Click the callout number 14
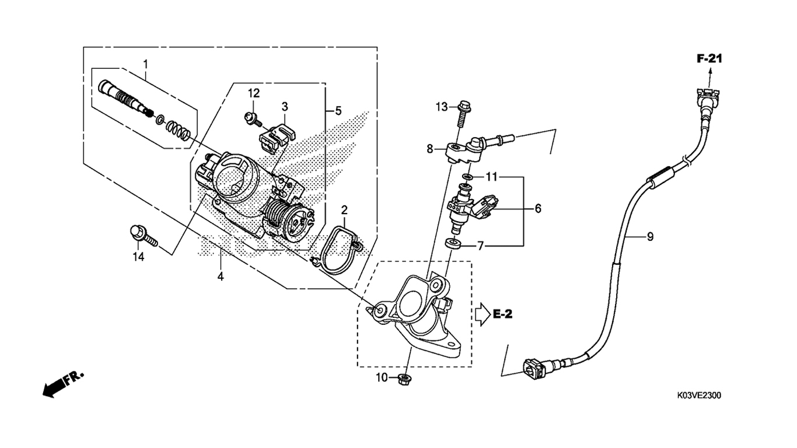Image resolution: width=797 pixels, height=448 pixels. (138, 256)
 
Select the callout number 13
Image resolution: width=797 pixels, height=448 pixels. (442, 107)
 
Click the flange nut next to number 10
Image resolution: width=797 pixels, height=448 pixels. (403, 380)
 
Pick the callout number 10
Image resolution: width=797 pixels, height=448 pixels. (382, 377)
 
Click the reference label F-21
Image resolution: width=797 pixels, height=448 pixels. (709, 59)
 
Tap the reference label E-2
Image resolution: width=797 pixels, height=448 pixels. (502, 314)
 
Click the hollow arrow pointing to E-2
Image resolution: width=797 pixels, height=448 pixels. (483, 314)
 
